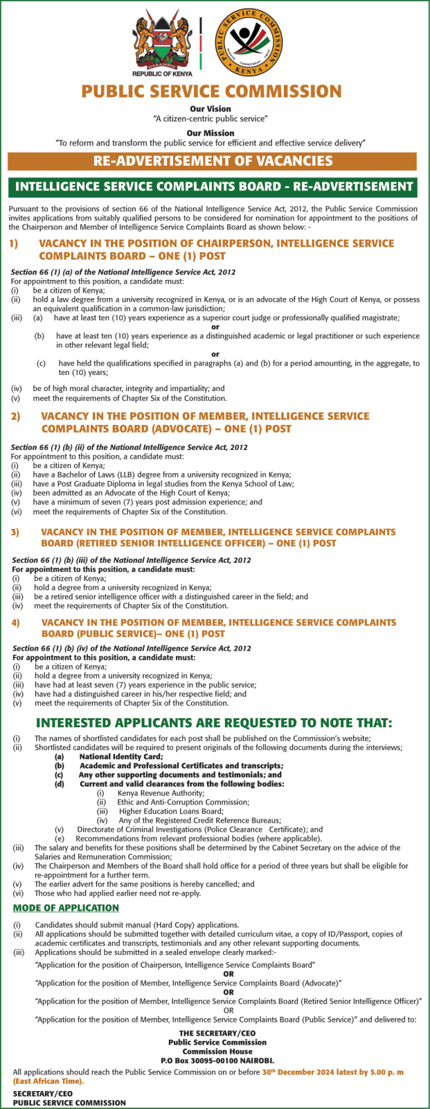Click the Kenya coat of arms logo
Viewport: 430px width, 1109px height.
pos(162,43)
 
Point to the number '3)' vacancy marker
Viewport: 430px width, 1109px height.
pos(15,532)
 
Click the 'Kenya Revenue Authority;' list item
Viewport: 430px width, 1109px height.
pos(161,793)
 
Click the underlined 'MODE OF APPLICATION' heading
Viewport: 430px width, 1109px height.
pos(66,908)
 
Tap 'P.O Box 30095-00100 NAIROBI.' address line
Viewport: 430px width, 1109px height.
pos(217,1060)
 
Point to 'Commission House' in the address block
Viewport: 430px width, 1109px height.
pos(217,1051)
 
